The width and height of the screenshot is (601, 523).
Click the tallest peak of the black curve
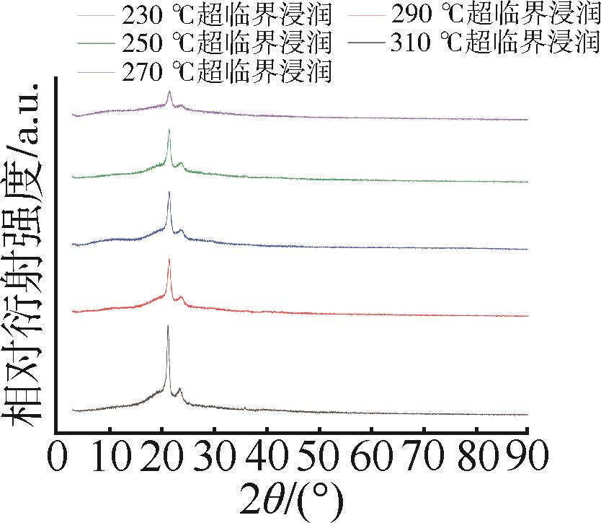click(x=168, y=327)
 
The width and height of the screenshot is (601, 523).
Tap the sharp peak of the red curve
click(x=169, y=260)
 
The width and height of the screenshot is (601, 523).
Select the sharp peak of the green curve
click(x=169, y=130)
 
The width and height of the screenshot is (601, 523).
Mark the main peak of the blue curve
click(x=169, y=193)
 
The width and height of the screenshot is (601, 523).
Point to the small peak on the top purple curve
click(x=169, y=92)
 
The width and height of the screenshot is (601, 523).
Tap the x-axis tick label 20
click(x=161, y=457)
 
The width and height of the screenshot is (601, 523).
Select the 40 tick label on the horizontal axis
click(x=266, y=457)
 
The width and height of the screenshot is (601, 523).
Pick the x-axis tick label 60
click(x=371, y=457)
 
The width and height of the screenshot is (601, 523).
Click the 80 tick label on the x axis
click(x=476, y=457)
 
